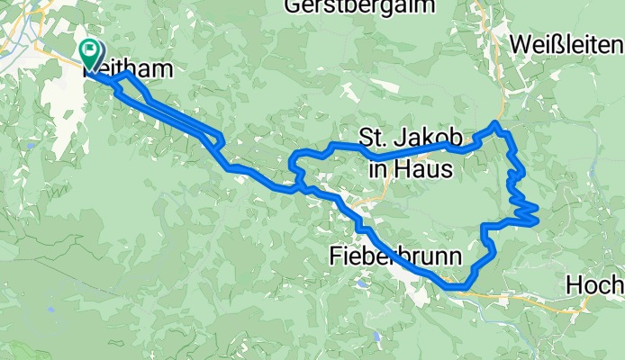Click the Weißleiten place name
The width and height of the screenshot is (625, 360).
pos(566,43)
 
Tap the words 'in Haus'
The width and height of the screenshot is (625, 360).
pos(411,167)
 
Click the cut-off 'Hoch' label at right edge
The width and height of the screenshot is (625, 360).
pos(594,285)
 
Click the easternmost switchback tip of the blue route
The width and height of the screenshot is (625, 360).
pos(537,212)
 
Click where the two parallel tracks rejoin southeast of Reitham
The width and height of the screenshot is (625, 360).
pos(220,139)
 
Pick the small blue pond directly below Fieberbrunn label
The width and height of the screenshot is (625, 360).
pos(361,283)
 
